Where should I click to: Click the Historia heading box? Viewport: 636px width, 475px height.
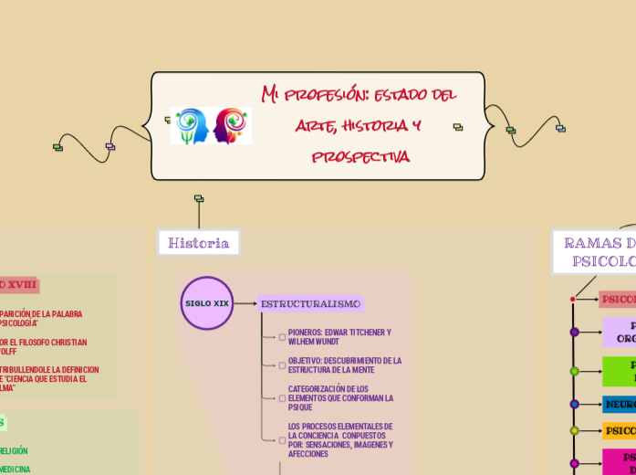(x=199, y=243)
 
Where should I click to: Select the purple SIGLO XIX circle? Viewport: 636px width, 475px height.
(x=207, y=302)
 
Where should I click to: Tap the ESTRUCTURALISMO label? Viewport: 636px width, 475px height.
(x=310, y=304)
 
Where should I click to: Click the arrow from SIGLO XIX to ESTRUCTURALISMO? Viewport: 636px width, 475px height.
(x=245, y=303)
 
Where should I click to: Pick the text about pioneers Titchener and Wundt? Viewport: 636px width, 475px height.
(x=339, y=336)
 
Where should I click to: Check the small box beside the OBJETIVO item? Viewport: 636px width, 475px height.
(x=282, y=365)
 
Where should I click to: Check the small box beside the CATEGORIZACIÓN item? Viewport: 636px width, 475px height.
(x=282, y=398)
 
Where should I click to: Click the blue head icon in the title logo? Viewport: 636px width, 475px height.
(x=191, y=126)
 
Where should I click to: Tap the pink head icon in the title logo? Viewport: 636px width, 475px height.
(x=232, y=126)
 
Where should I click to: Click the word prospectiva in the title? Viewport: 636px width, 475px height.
(x=360, y=157)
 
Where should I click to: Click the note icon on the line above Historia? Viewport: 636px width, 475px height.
(x=199, y=198)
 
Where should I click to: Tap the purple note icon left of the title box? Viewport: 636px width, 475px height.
(x=110, y=146)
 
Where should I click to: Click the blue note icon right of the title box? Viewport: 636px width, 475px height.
(x=560, y=129)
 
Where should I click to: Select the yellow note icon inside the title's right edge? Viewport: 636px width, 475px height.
(x=458, y=127)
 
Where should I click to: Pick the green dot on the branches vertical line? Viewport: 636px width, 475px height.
(x=574, y=372)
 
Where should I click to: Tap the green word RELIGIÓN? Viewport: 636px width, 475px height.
(x=13, y=450)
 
